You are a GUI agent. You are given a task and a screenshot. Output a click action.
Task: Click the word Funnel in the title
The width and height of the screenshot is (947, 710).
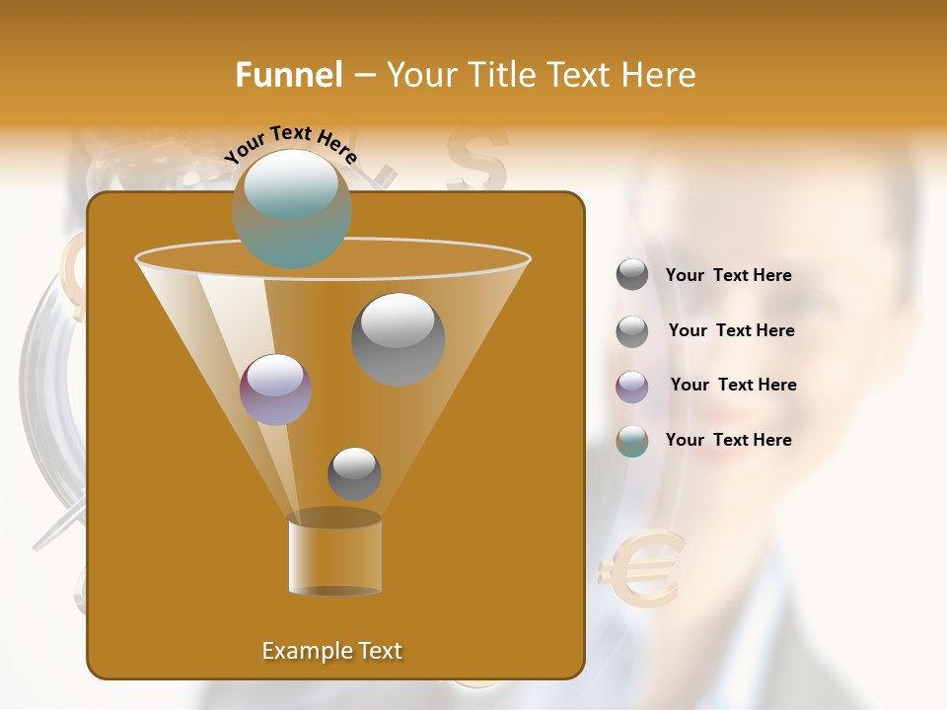tap(289, 75)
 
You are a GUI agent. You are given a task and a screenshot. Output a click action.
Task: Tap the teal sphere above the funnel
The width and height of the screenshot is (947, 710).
tap(291, 208)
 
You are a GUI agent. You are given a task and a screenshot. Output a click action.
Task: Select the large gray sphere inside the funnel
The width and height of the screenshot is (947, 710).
tap(398, 339)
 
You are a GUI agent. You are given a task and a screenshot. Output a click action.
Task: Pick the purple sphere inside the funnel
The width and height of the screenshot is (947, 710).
tap(275, 390)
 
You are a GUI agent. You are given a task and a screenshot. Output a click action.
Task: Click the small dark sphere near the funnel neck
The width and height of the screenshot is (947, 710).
tap(354, 473)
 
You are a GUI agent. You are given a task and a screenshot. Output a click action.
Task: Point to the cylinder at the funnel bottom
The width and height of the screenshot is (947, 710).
tap(334, 553)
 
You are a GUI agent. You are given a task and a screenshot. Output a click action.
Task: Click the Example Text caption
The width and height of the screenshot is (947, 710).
tap(332, 651)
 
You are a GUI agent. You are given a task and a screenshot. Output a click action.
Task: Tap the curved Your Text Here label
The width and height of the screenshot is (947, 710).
tap(290, 144)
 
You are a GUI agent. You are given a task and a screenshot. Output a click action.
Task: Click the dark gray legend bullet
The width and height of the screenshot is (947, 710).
tap(632, 275)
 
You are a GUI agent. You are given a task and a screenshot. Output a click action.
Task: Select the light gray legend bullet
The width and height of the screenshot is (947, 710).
tap(632, 331)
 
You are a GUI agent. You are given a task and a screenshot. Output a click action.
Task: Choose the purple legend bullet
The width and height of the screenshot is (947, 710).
tap(632, 387)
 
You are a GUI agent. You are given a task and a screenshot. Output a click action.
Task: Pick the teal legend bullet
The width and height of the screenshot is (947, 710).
tap(632, 441)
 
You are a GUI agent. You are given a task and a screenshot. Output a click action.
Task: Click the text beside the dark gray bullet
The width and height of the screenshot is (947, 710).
tap(728, 276)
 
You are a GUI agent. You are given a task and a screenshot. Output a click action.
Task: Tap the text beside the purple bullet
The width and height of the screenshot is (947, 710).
tap(733, 385)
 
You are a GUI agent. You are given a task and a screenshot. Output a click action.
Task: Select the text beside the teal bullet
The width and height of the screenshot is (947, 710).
tap(728, 440)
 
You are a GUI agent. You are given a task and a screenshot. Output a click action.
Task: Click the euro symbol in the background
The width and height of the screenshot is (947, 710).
tap(641, 569)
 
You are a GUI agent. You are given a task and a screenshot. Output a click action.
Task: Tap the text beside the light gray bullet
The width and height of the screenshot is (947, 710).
tap(731, 330)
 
